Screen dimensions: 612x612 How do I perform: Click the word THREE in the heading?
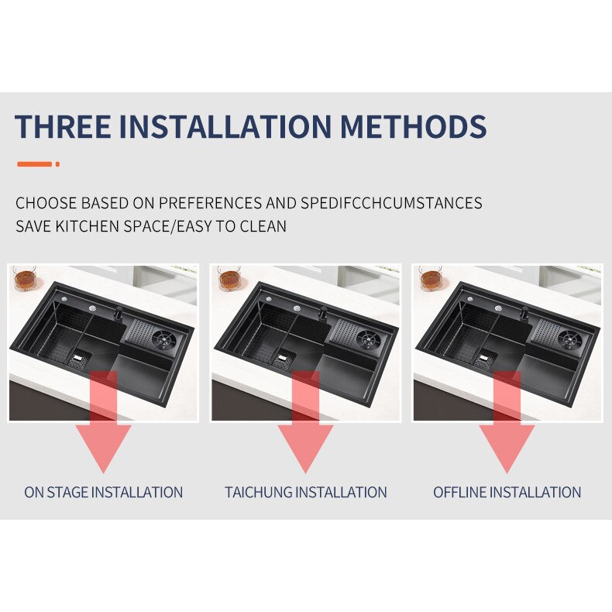point(63,125)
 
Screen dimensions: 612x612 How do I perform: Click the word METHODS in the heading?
point(414,125)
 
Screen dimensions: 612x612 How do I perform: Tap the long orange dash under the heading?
point(34,164)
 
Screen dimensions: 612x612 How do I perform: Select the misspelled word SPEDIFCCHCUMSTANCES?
point(391,203)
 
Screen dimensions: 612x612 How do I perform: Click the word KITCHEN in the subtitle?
point(87,226)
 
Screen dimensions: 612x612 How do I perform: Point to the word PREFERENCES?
point(211,203)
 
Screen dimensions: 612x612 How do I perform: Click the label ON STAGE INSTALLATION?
point(104,492)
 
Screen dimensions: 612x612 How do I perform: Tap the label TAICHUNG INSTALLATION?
point(305,492)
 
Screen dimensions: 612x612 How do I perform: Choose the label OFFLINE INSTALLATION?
point(507,492)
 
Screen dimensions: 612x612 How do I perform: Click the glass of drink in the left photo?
point(25,278)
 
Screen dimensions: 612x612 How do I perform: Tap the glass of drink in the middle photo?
point(229,278)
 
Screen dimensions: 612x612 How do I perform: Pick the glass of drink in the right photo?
point(431,278)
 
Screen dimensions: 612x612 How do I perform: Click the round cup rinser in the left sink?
point(164,339)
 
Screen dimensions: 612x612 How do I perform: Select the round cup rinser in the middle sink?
point(368,339)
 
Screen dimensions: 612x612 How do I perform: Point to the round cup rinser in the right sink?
point(570,339)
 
